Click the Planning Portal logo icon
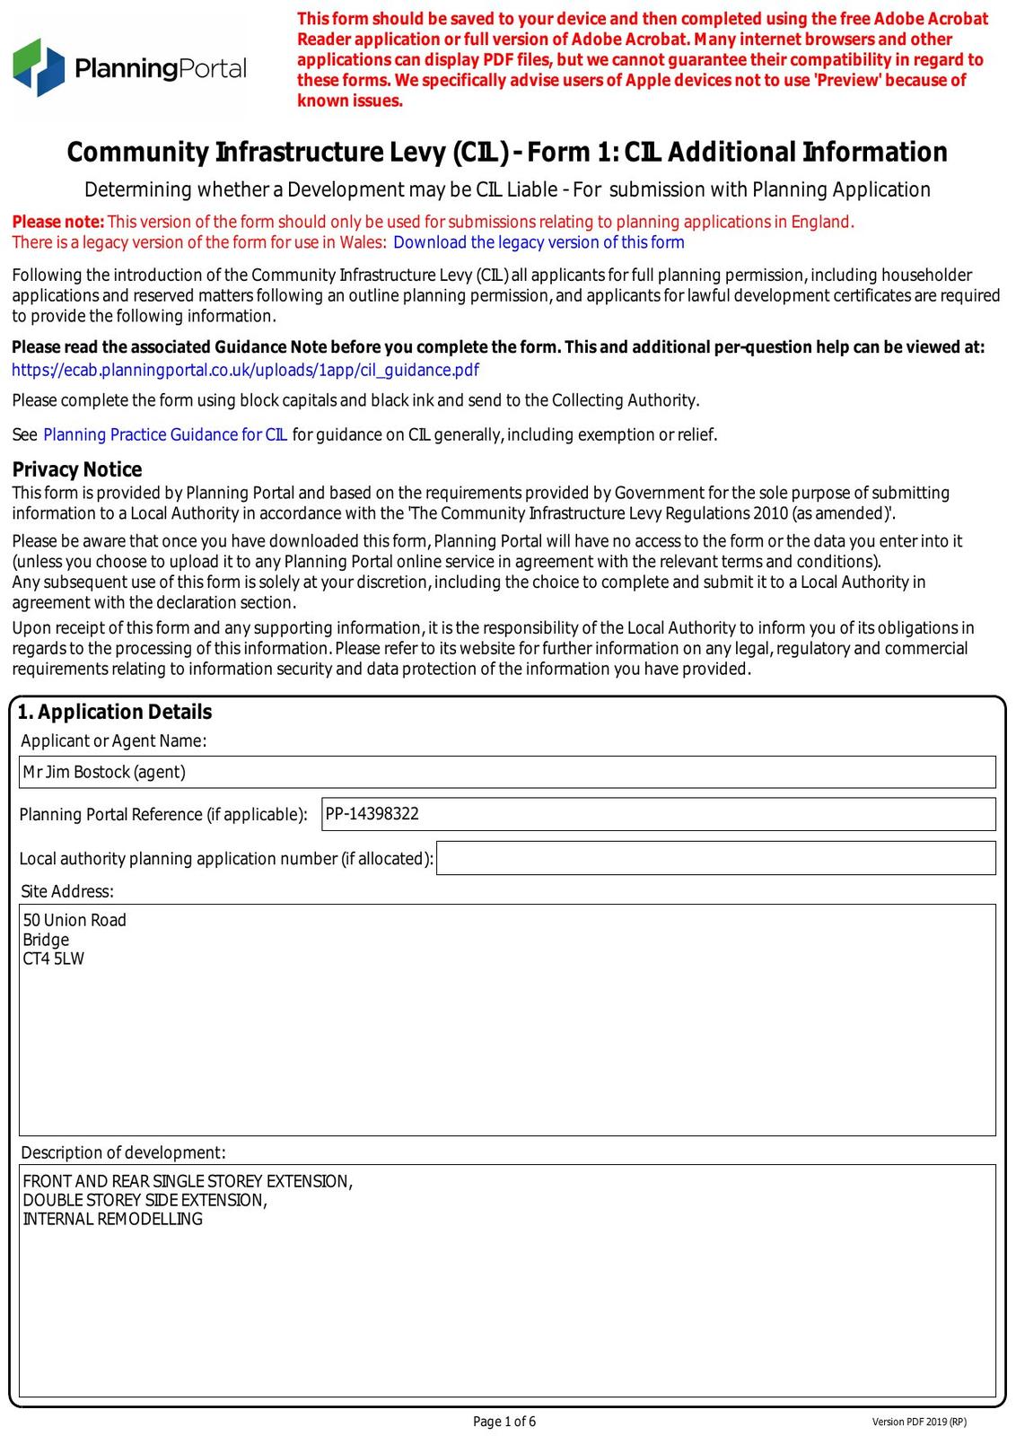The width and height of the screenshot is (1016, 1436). [x=39, y=67]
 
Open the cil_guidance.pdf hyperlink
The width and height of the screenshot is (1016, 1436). [x=245, y=370]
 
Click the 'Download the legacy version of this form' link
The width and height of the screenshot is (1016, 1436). [x=539, y=242]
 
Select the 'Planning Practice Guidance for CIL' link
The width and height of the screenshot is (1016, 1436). [x=165, y=435]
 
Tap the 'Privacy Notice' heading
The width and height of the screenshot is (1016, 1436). [x=77, y=469]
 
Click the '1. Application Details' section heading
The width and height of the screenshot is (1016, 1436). [x=115, y=712]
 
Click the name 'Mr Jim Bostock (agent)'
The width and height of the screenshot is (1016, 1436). [x=104, y=772]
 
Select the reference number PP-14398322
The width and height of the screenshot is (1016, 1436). [x=372, y=814]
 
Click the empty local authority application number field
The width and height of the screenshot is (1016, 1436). [x=715, y=858]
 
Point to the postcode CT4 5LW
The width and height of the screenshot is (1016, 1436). [x=54, y=959]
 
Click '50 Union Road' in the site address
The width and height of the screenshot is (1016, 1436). [x=74, y=920]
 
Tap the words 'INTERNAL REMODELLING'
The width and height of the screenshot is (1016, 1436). [x=113, y=1219]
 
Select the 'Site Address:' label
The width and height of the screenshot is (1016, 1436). [x=67, y=891]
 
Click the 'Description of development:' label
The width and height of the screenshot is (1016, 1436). [x=124, y=1152]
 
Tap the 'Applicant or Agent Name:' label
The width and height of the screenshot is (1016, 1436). [x=114, y=740]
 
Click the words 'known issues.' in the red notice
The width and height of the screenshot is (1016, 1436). [x=350, y=101]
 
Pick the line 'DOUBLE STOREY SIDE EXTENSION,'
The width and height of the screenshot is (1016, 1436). [x=145, y=1200]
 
